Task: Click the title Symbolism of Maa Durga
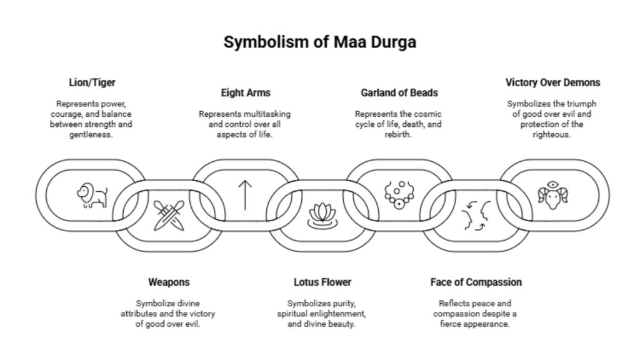point(319,42)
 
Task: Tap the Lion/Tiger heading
point(92,82)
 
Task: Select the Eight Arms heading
point(245,93)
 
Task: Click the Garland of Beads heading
point(399,93)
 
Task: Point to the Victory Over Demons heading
point(552,82)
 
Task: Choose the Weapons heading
point(168,282)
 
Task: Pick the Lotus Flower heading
point(322,282)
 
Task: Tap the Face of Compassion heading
point(476,282)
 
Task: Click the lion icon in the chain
point(92,194)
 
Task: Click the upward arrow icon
point(245,194)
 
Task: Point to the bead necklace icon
point(399,194)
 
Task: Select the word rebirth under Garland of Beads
point(398,134)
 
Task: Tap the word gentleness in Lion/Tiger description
point(91,135)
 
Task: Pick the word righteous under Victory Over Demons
point(552,134)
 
